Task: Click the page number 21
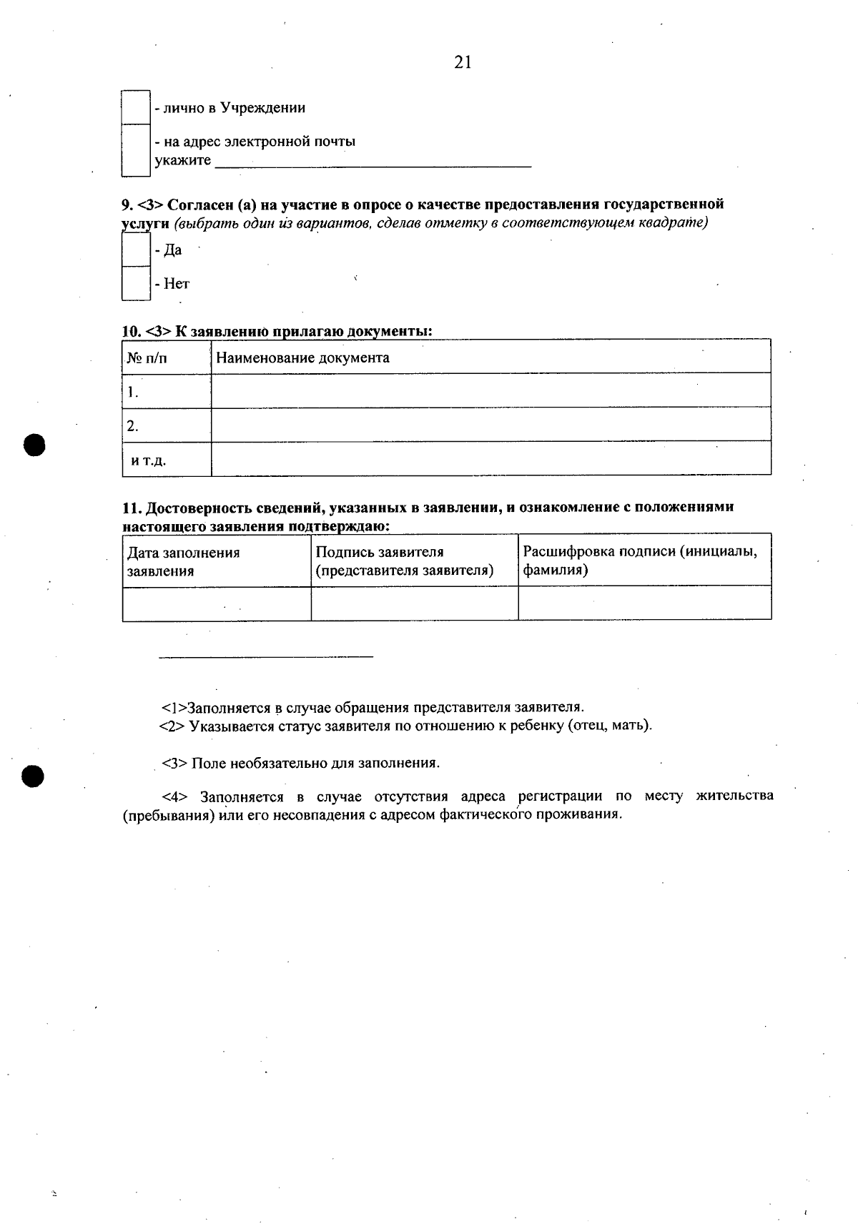[463, 63]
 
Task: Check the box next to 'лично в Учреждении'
[135, 107]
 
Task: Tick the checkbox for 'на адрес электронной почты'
[135, 150]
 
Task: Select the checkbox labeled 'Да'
[135, 250]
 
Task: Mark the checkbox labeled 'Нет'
[135, 283]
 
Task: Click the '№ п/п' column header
[148, 358]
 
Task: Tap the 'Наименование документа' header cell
[302, 357]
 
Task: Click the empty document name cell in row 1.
[490, 391]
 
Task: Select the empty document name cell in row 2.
[490, 425]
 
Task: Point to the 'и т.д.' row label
[149, 460]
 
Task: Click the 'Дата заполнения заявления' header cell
[184, 561]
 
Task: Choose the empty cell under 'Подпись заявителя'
[414, 603]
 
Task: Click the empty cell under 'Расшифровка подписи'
[644, 603]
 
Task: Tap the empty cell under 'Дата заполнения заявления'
[217, 603]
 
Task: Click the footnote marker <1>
[174, 708]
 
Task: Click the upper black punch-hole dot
[34, 444]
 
